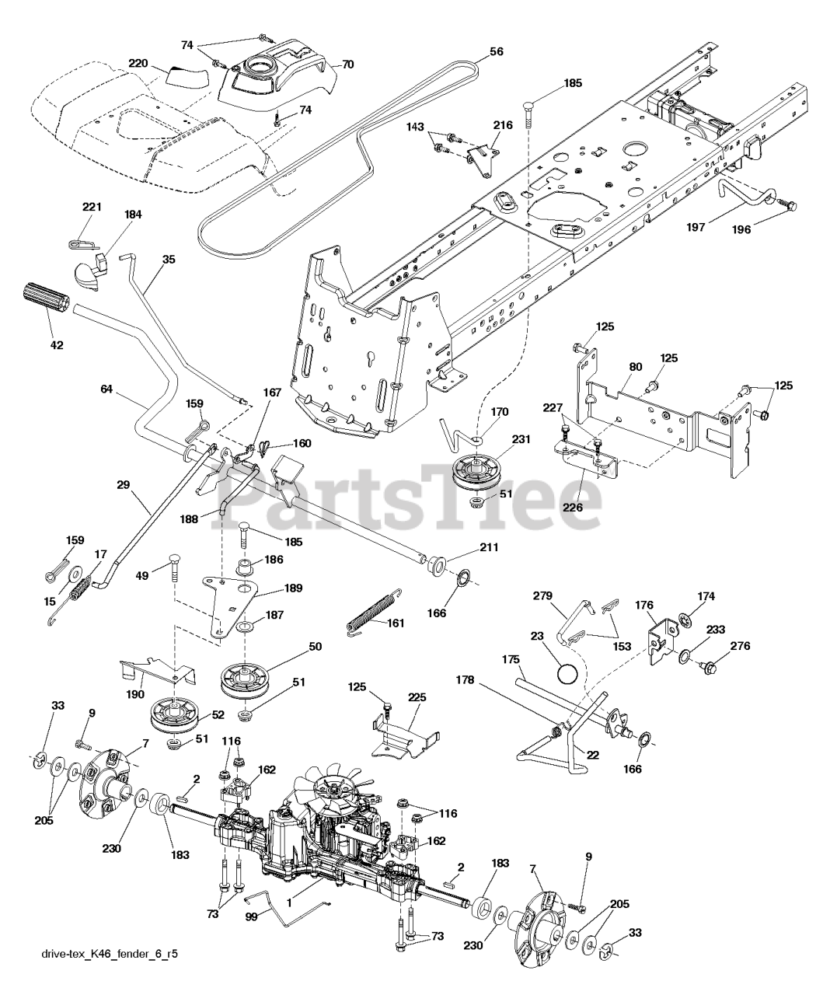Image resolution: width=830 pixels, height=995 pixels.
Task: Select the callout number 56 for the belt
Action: (497, 52)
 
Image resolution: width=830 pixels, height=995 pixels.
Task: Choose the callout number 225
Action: (417, 698)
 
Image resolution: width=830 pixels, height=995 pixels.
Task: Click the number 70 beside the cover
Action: (347, 65)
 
